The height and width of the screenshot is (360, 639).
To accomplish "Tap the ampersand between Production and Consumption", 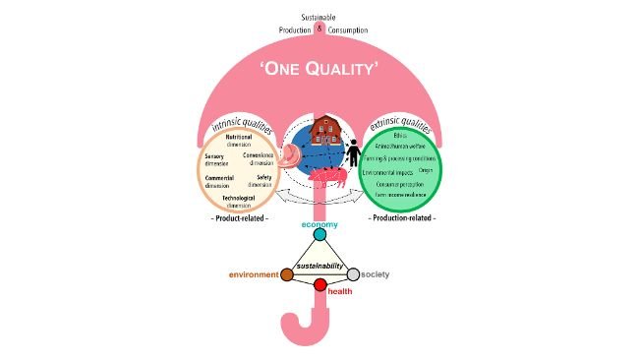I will [x=319, y=29].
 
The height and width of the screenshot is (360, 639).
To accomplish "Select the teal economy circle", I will [x=319, y=235].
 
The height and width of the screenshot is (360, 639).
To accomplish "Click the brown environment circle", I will [x=286, y=273].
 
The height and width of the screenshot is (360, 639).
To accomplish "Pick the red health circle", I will [x=319, y=285].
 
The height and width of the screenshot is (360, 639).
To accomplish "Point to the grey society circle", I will [x=354, y=273].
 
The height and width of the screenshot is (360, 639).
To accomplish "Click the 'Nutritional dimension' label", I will [x=239, y=140].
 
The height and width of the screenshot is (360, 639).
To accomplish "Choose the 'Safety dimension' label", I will [x=258, y=180].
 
